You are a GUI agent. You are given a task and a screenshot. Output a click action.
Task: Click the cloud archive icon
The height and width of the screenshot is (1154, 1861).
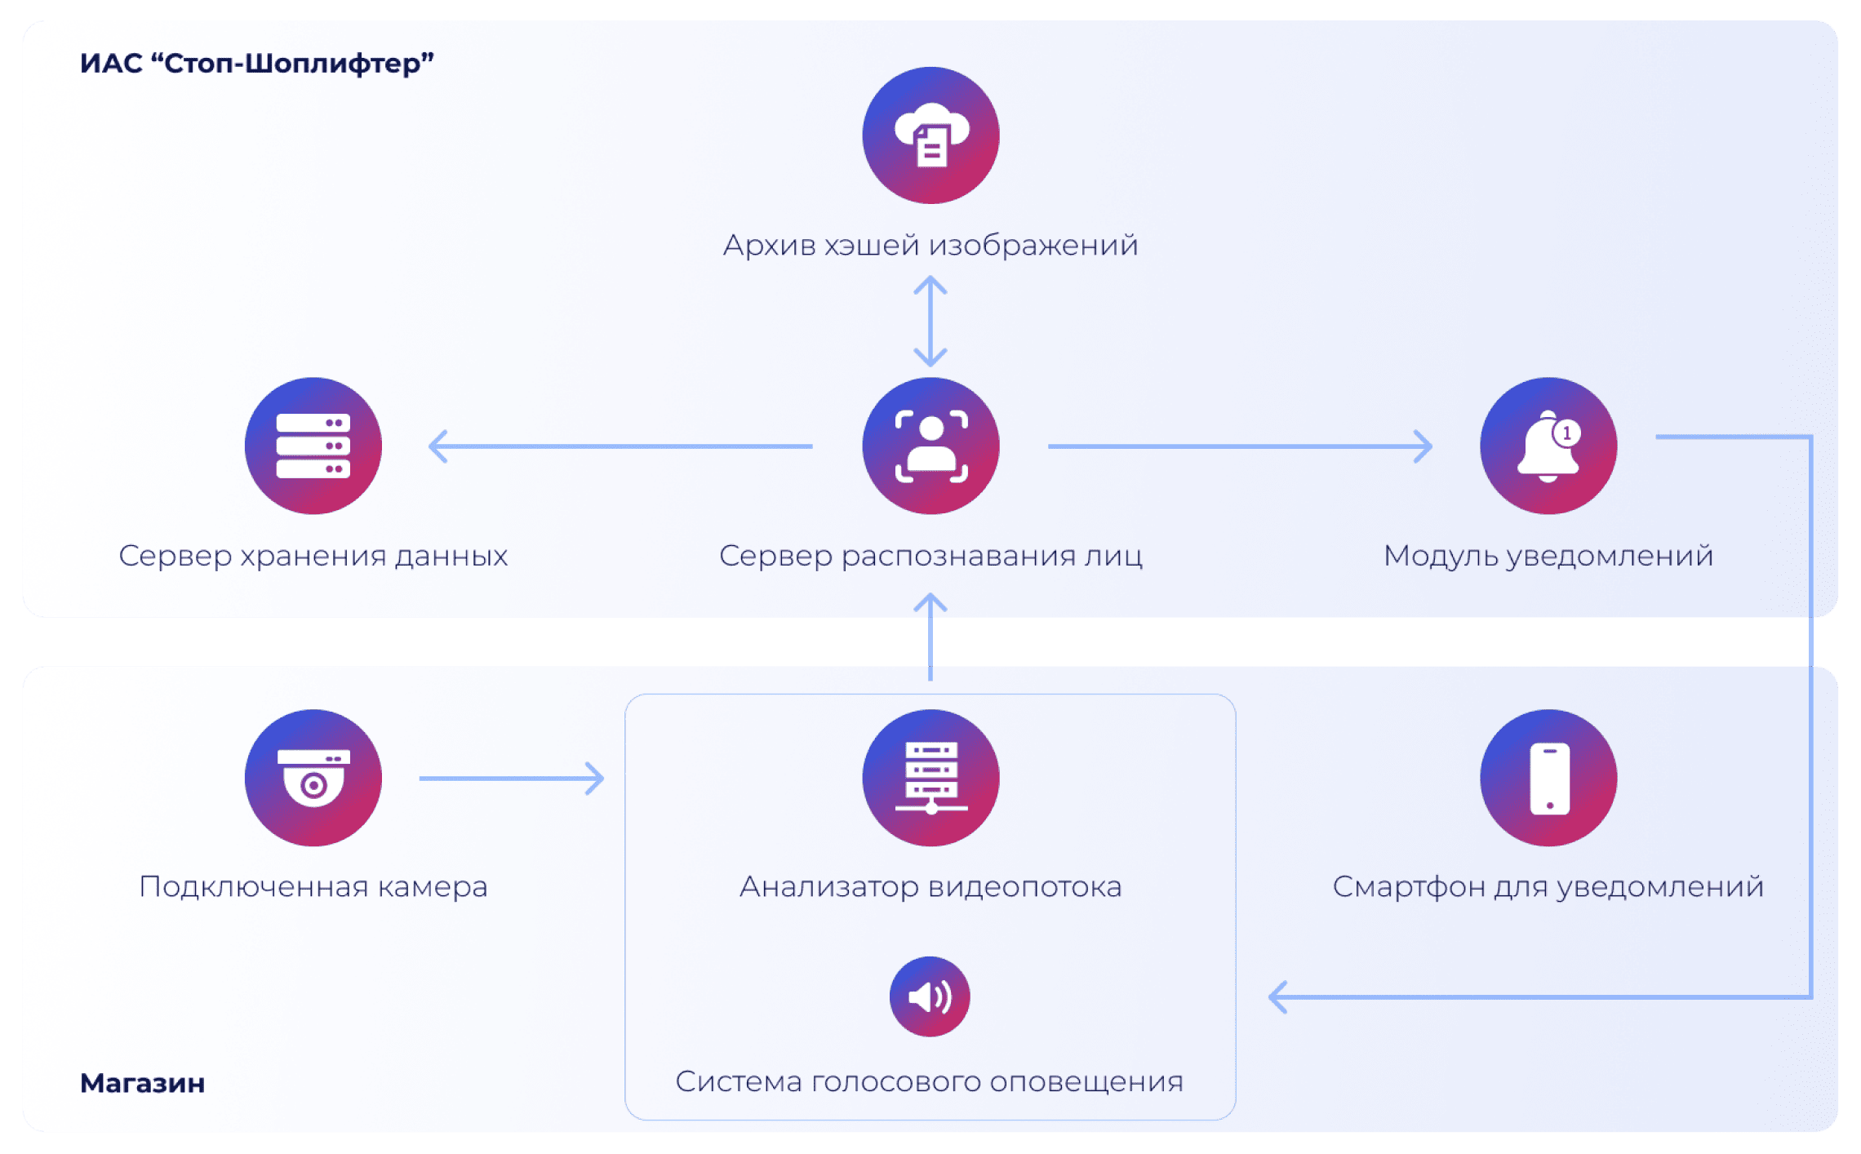[930, 135]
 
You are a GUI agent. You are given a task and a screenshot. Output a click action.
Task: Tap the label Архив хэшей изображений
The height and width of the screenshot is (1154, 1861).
[930, 245]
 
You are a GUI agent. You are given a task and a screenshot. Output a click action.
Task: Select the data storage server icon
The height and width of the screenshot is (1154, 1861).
[313, 446]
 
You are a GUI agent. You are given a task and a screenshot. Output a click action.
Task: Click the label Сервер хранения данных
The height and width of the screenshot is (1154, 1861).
[313, 556]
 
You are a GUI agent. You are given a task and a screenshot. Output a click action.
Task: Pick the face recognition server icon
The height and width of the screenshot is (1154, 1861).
[930, 446]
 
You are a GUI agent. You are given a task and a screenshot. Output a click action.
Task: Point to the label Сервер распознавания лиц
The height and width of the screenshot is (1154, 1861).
[930, 556]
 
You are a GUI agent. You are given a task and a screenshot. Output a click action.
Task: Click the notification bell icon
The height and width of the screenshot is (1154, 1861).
[1548, 446]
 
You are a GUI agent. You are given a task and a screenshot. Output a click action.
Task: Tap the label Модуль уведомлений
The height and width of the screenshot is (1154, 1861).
[1548, 556]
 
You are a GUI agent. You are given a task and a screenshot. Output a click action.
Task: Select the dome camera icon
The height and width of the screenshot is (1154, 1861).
[313, 778]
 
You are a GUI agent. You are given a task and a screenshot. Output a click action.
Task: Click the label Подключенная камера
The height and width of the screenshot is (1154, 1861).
[313, 886]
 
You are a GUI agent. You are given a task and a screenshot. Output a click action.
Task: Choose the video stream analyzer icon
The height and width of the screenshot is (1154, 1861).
[930, 778]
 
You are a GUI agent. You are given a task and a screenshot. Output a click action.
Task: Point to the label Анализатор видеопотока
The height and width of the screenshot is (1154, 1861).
[930, 886]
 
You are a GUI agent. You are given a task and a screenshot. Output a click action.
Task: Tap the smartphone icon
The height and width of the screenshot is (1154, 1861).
[1548, 778]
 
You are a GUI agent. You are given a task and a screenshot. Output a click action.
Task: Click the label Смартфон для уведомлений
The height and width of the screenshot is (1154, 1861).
[1548, 886]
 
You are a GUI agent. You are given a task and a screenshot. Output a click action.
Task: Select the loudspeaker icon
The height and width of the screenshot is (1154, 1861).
[930, 996]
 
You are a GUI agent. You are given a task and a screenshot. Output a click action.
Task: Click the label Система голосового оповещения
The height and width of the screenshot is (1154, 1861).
[930, 1081]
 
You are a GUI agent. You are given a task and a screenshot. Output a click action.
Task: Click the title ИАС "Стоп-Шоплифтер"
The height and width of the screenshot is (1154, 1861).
[256, 63]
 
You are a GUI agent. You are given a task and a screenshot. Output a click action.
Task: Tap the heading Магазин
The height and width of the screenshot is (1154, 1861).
[142, 1083]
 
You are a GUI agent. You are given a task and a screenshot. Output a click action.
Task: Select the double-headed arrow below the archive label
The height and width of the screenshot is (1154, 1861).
[930, 321]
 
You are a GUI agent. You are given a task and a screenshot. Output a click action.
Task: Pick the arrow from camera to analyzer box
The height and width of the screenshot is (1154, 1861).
[512, 779]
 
